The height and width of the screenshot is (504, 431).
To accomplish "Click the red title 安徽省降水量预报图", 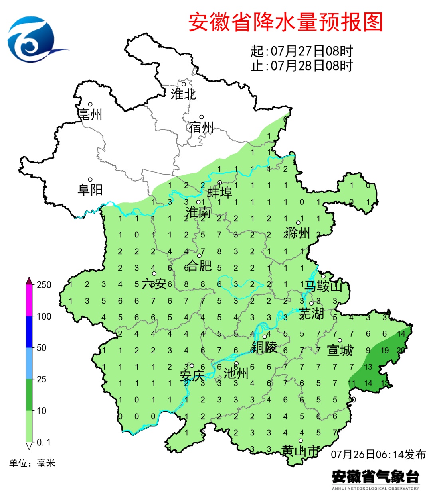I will point(285,22).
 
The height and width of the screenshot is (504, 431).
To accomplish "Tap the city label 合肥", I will point(199,265).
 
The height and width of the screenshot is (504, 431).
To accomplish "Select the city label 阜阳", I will point(90,190).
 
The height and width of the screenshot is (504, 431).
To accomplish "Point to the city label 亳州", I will point(90,115).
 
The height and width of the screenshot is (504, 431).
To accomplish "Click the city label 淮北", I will point(184,94).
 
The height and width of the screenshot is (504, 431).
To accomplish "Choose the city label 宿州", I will point(202,127).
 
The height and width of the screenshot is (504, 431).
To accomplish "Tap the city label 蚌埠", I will point(219,193).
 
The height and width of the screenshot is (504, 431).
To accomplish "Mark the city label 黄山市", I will point(301,451).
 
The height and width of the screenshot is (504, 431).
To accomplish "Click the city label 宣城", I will point(340,350).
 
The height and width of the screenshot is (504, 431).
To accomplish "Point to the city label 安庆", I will point(192,376).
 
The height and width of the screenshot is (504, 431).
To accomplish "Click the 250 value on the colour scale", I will point(44,285).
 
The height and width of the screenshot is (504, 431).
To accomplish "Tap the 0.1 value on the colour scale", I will point(43,442).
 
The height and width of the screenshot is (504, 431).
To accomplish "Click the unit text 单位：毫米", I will point(32,463).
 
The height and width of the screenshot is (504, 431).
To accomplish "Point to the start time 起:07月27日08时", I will point(302,51).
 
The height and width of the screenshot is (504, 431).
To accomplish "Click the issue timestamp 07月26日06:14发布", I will point(378,454).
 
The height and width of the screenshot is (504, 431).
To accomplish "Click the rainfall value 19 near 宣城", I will point(385,351).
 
